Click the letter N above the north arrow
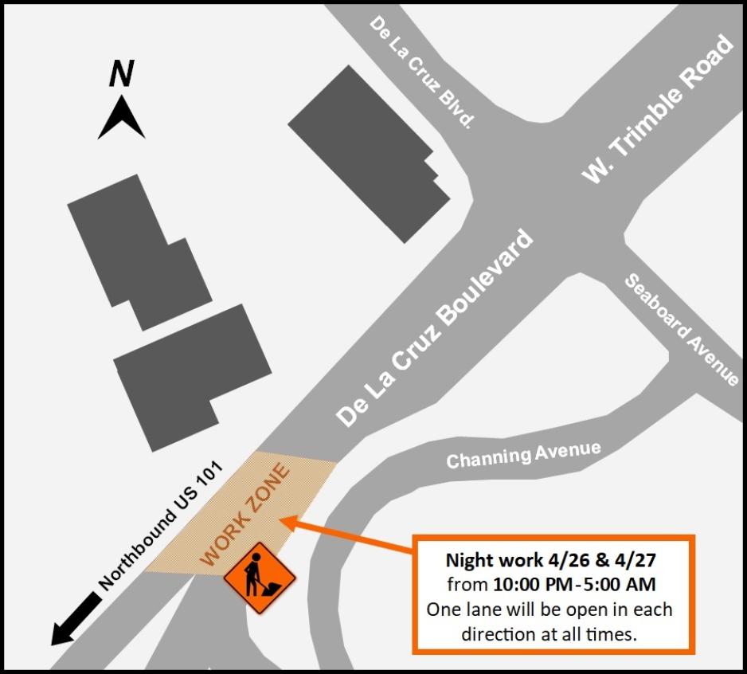(121, 75)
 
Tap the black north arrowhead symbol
(121, 118)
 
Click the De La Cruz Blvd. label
(422, 72)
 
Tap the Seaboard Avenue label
(682, 330)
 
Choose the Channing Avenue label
(523, 455)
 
